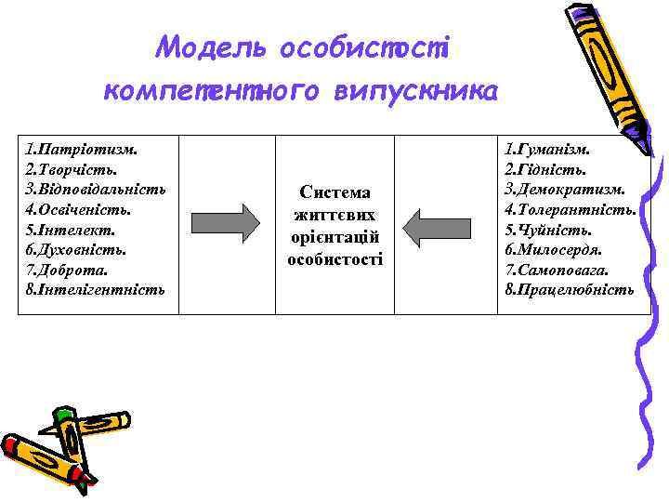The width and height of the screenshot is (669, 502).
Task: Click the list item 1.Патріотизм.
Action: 83,148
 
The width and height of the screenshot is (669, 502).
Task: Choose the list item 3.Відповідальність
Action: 97,189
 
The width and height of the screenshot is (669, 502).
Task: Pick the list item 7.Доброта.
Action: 67,270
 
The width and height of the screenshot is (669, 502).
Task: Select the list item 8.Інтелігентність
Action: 96,290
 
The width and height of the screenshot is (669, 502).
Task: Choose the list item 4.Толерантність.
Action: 571,209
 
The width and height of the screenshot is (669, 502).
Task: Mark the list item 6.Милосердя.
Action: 554,249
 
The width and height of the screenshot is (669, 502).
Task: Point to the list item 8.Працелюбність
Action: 570,290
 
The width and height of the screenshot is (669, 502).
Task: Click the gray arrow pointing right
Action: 226,224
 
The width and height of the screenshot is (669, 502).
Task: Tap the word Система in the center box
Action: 335,192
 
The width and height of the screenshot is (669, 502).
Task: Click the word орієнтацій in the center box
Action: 335,237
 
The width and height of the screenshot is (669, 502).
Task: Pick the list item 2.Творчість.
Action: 72,168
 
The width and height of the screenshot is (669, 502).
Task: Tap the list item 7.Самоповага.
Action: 557,270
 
